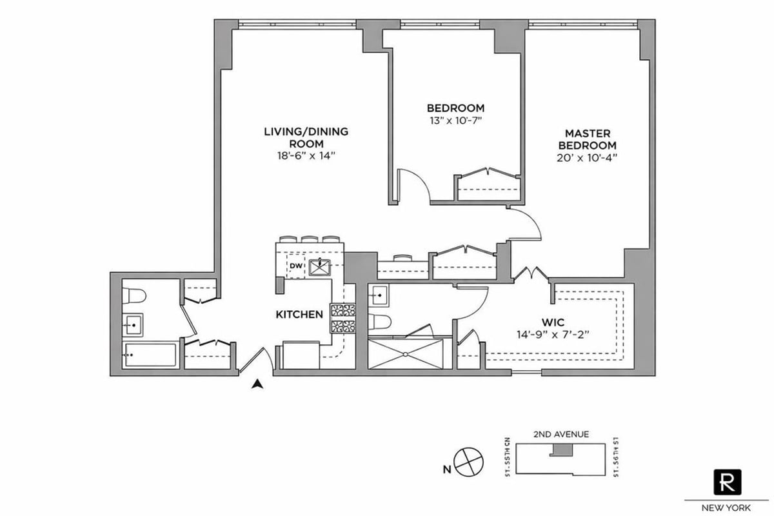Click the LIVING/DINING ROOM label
[306, 137]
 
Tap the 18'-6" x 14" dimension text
[306, 156]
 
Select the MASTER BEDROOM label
[587, 139]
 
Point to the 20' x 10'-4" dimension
[587, 157]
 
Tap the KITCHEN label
[299, 315]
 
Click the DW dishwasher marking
[295, 266]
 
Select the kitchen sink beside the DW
[318, 266]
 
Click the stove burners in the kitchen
[342, 317]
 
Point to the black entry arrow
[258, 384]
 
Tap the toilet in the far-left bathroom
[135, 296]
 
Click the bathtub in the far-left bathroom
[150, 355]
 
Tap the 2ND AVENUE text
[561, 434]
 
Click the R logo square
[728, 481]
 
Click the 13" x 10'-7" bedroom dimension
[455, 120]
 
